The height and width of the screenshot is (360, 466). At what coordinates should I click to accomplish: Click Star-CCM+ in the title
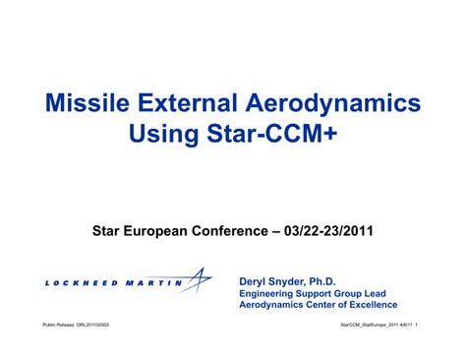(x=276, y=134)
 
